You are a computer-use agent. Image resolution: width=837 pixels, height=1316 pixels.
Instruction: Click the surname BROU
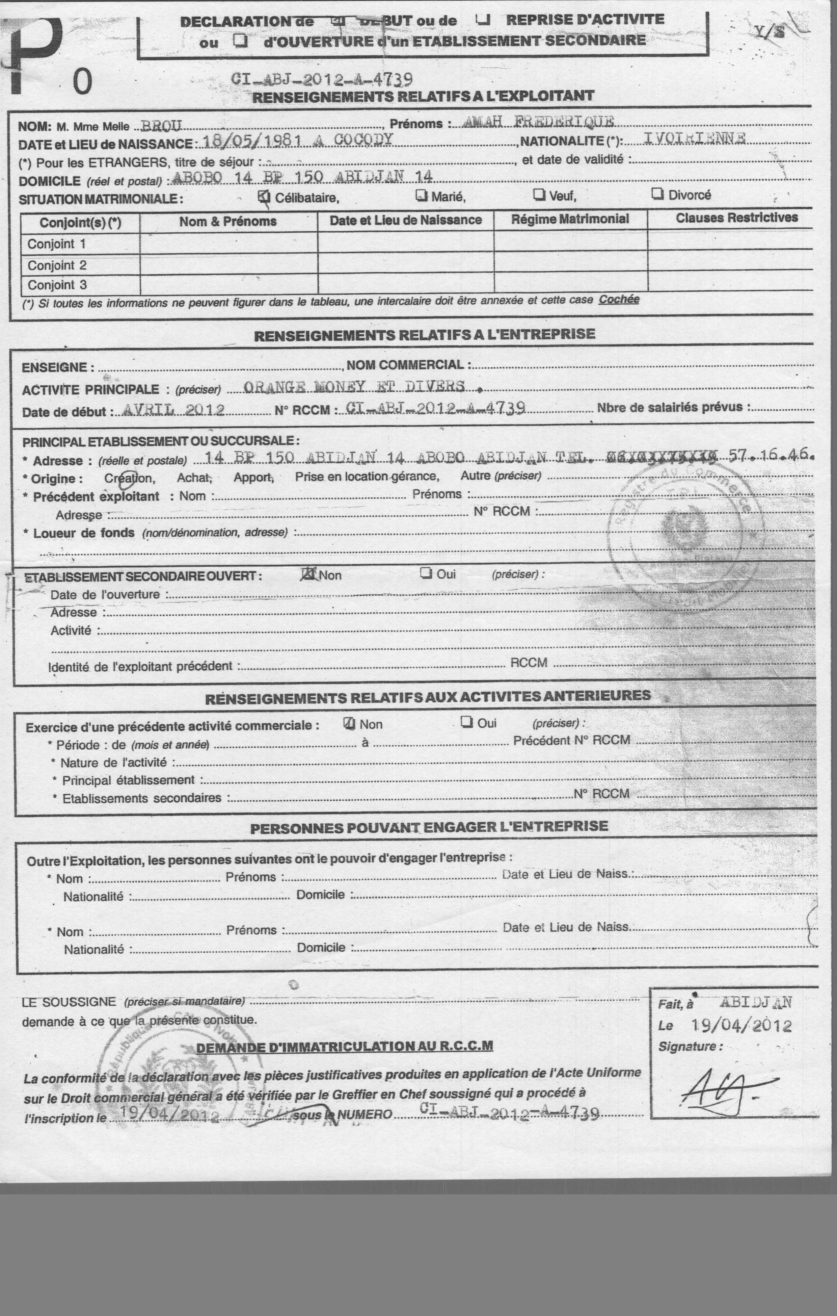(161, 126)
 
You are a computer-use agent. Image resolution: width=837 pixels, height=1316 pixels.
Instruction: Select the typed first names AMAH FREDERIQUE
(538, 122)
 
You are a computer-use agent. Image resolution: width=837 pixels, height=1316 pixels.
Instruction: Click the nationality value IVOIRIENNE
(694, 138)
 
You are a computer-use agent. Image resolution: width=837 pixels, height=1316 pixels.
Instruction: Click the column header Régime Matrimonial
(570, 219)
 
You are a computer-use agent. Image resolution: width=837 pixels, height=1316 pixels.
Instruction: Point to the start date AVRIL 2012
(174, 410)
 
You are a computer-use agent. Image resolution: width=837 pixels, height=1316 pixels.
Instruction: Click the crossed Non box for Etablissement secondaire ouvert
(309, 574)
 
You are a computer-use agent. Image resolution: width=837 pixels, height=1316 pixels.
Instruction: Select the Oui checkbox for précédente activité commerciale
(466, 722)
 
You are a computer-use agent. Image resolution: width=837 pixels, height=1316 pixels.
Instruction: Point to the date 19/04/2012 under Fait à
(741, 1025)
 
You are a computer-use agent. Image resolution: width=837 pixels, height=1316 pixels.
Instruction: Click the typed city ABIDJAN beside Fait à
(755, 1002)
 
